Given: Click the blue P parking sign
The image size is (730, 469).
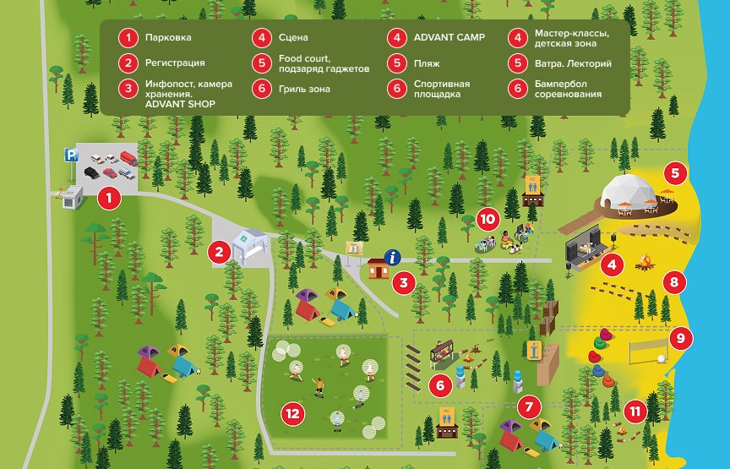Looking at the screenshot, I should point(72,155).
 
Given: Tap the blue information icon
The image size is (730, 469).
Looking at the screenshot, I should point(392,257).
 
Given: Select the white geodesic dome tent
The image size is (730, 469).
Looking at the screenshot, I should point(627,194).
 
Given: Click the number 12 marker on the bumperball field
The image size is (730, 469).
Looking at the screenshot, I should point(292,413).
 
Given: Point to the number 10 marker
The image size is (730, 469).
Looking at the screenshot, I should point(487,219).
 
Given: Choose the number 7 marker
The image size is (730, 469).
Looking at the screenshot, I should point(529,406).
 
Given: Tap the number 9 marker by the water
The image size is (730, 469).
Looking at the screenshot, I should point(680,339).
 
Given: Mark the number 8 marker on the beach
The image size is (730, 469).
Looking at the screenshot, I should point(673,281).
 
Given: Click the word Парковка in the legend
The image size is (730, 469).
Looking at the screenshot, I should point(168,38).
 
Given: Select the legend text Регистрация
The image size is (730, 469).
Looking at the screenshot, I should point(174,63).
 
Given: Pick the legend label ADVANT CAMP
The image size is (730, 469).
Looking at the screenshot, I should point(449,38).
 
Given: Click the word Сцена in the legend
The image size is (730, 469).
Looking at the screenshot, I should point(293,38).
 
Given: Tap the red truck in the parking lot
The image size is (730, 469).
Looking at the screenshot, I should point(128,157).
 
